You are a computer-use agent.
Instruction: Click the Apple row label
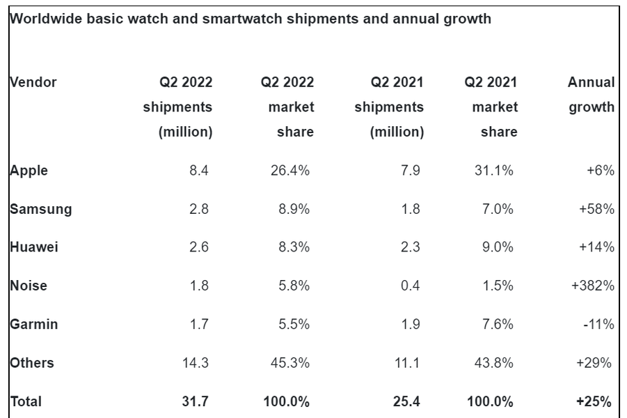[29, 171]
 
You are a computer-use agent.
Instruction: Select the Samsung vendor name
[40, 209]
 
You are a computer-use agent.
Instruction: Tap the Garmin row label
[33, 324]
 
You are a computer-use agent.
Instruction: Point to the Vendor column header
[33, 82]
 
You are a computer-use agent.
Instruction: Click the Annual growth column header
[592, 95]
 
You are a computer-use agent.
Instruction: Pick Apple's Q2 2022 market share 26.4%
[289, 171]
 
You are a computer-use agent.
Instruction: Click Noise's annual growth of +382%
[593, 286]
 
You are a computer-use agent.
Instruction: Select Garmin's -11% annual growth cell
[597, 324]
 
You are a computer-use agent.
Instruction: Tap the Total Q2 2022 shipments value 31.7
[199, 401]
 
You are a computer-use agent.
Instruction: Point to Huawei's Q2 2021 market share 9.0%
[498, 247]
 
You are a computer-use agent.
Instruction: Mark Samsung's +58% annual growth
[596, 209]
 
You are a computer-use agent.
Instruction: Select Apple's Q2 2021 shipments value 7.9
[411, 171]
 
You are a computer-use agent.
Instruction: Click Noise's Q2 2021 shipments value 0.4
[411, 286]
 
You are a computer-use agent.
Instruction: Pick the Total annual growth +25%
[596, 401]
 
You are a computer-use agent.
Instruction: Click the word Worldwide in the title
[45, 19]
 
